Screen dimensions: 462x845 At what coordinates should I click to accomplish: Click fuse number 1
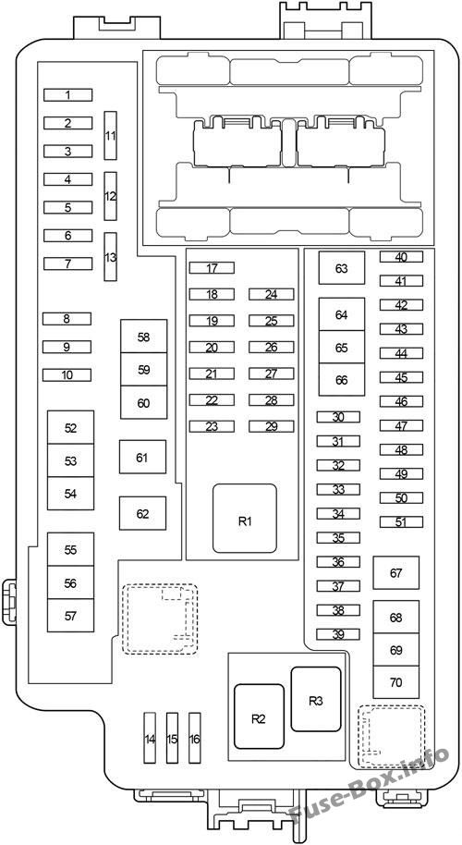67,95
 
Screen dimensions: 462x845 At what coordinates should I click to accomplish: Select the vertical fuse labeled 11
110,135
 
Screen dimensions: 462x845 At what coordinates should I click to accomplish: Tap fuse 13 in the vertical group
110,256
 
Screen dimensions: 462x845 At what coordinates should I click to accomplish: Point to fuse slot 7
67,263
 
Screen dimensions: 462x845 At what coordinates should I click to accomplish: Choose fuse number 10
67,375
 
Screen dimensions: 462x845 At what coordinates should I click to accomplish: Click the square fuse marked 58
144,337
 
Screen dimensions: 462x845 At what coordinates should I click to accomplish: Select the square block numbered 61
142,458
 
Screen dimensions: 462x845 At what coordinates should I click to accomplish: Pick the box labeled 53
70,460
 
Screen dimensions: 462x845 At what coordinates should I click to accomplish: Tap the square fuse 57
70,616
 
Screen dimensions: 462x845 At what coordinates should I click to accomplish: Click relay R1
245,519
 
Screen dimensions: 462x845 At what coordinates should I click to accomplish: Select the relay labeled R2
259,716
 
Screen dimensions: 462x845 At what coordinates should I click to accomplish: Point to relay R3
316,699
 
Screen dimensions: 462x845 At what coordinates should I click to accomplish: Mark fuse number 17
212,268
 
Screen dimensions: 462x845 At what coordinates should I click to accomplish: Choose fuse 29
272,427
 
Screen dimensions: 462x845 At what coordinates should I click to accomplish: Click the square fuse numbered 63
342,268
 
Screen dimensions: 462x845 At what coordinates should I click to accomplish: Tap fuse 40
401,257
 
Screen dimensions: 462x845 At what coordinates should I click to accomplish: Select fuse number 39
338,634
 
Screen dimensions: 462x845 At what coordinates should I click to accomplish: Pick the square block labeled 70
396,682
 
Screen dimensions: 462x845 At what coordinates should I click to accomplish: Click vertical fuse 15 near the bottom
172,738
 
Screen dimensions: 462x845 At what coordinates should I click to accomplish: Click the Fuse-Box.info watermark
369,788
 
